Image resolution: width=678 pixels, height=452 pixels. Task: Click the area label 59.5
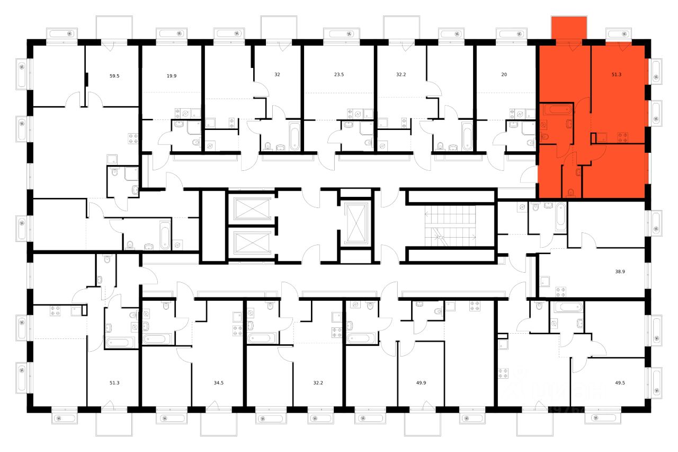click(114, 76)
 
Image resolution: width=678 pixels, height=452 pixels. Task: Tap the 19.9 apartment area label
click(171, 76)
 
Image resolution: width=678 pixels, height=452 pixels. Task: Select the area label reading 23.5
click(339, 75)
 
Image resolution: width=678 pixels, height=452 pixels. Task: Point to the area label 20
click(504, 75)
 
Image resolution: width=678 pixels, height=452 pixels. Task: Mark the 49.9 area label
click(423, 381)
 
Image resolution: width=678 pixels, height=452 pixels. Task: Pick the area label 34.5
click(217, 381)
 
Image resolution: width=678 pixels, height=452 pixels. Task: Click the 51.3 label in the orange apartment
click(616, 75)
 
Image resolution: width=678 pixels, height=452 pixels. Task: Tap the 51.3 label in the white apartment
click(114, 381)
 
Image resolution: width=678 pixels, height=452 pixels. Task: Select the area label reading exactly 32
click(277, 75)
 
